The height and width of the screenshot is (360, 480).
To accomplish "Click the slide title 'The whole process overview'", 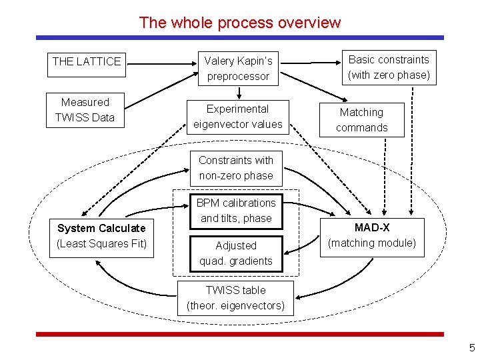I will [x=239, y=23].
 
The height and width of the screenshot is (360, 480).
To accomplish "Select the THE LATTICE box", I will [x=87, y=62].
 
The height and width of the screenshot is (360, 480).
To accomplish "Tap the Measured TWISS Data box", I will [x=85, y=110].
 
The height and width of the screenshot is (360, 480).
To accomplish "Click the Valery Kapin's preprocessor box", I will [x=238, y=69].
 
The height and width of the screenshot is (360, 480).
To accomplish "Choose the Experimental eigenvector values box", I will [x=238, y=117].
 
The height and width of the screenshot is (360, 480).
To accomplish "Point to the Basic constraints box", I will [x=389, y=67].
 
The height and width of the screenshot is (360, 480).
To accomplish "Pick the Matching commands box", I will [x=361, y=120].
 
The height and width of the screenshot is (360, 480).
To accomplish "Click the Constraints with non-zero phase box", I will [x=236, y=168].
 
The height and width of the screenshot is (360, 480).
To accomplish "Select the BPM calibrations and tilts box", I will [x=236, y=210].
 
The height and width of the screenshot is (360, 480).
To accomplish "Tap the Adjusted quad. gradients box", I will [x=236, y=253].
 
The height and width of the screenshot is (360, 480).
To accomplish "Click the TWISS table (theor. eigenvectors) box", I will [x=235, y=298].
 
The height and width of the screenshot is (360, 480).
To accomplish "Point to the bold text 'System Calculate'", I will [x=101, y=229].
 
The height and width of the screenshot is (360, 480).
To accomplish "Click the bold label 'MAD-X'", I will [x=372, y=228].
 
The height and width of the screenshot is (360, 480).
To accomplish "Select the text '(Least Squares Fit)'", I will [x=101, y=243].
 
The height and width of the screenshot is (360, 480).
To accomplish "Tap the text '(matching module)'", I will [x=372, y=243].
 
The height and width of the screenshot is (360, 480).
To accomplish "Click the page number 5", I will [x=471, y=347].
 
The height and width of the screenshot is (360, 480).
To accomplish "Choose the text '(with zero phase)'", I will [x=389, y=75].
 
